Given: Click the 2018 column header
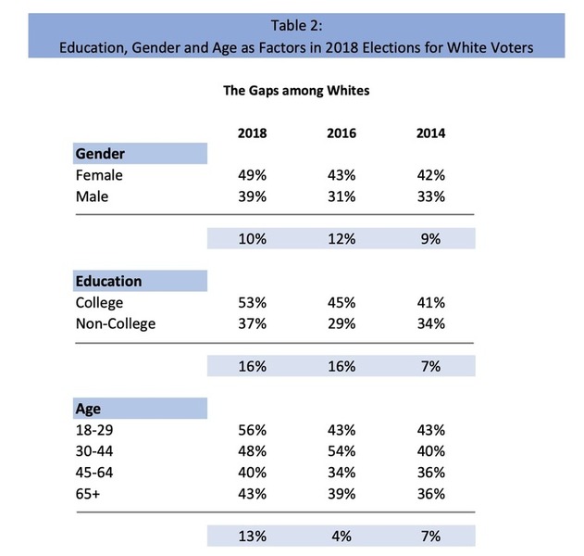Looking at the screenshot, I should [252, 133].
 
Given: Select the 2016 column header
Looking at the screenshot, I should [342, 133].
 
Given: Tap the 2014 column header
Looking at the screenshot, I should [430, 133].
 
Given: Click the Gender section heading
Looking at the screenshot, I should [100, 153].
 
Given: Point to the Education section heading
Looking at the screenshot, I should [109, 281].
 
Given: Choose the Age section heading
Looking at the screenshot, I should [87, 409].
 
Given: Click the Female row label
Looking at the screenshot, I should [101, 174].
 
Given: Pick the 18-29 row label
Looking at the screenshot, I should [94, 430].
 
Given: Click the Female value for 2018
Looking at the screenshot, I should [252, 174].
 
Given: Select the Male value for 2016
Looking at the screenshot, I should [342, 196].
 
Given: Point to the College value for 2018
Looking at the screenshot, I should [252, 302].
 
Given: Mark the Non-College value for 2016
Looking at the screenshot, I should [342, 323].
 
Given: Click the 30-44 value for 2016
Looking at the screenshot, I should [342, 451].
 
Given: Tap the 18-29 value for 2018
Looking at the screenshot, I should [252, 430].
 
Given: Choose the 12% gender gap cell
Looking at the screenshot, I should [342, 238].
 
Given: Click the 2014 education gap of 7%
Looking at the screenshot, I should [430, 366].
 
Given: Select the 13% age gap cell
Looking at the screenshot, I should [252, 536].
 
